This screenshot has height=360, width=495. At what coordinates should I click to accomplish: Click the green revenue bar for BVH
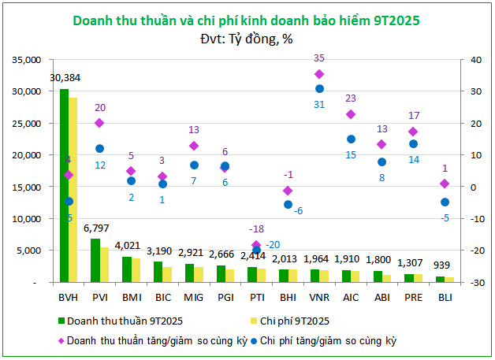pos(64,185)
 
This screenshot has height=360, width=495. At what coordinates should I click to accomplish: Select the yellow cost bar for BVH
pos(73,190)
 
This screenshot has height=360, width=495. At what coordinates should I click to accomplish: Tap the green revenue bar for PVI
pos(95,260)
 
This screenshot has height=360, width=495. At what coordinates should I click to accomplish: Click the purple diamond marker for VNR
pos(319,74)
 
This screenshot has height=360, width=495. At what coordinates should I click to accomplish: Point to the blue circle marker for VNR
pos(319,89)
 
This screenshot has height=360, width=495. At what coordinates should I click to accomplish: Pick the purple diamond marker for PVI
pos(99,123)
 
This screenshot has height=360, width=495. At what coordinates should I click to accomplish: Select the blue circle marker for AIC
pos(351,139)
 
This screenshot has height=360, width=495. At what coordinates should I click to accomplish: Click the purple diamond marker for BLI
pos(445,184)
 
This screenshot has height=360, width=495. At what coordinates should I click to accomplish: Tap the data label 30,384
pos(65,78)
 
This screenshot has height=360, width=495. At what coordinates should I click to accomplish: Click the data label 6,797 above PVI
pos(96,228)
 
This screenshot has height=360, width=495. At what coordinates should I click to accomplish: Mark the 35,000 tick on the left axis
pos(27,59)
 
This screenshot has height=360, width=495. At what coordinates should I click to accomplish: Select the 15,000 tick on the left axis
pos(27,187)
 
